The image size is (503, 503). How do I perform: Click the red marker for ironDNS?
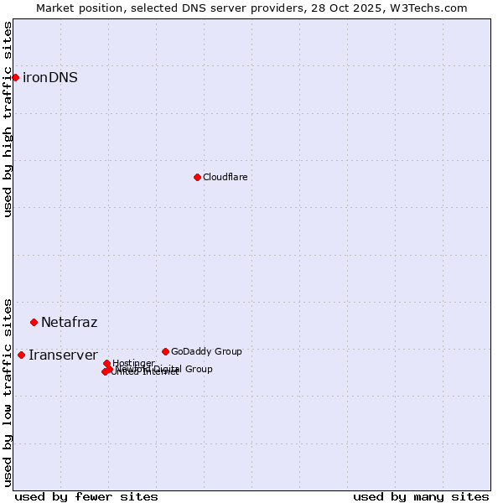(15, 77)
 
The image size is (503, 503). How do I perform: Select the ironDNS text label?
(50, 78)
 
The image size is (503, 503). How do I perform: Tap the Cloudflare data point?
(197, 177)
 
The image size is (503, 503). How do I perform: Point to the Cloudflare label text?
(225, 177)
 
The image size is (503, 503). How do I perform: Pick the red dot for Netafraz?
(34, 322)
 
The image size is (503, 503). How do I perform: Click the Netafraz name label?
(69, 323)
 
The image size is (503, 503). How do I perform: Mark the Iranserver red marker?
(21, 355)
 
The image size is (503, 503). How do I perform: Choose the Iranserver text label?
(63, 355)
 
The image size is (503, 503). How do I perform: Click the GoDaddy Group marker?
(165, 351)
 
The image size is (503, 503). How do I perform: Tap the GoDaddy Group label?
(206, 351)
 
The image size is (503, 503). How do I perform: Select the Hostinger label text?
(133, 363)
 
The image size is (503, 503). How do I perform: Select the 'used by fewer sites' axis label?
(86, 496)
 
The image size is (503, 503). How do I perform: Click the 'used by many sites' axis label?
(421, 496)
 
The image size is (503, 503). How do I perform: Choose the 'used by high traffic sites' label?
(8, 119)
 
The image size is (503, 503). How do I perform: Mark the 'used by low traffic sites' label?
(8, 392)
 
